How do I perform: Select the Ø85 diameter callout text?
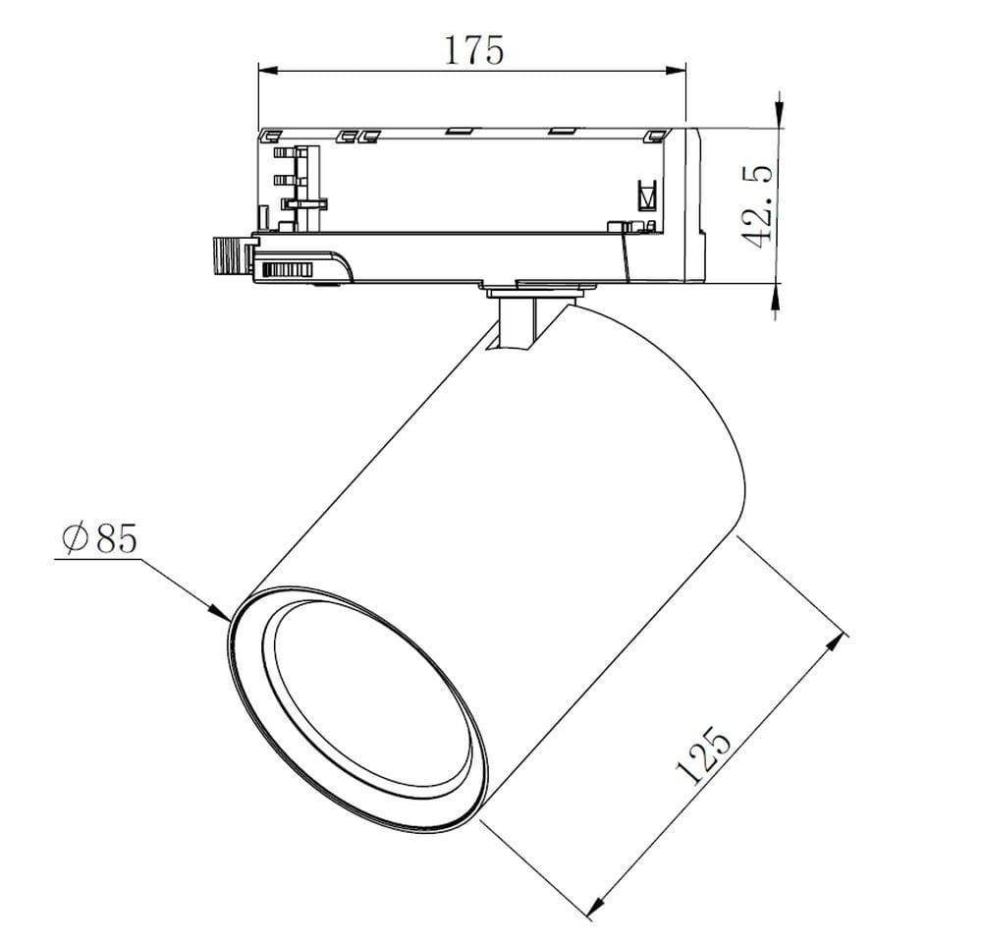pyautogui.click(x=97, y=538)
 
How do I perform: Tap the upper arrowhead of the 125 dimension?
pyautogui.click(x=836, y=643)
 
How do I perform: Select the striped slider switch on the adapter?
pyautogui.click(x=286, y=269)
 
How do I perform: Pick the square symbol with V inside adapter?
pyautogui.click(x=645, y=194)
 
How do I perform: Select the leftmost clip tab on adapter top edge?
pyautogui.click(x=270, y=136)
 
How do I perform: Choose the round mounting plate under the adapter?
pyautogui.click(x=539, y=290)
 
